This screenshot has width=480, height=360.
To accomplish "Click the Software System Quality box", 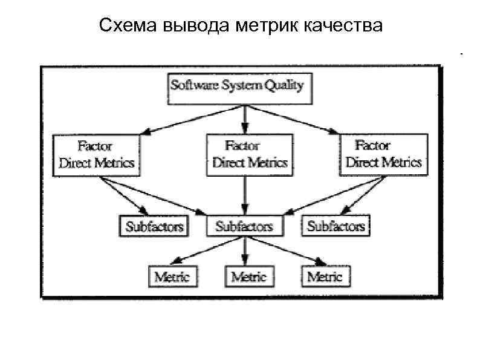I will click(237, 87).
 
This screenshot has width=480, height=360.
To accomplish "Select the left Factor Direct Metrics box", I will click(96, 155).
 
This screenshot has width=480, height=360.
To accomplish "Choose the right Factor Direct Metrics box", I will click(383, 155).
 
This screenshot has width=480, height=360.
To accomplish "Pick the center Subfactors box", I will click(244, 226).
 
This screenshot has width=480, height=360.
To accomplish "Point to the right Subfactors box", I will click(336, 226).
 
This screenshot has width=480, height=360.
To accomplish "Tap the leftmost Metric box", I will click(172, 277).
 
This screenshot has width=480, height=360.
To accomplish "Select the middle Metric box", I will click(248, 277).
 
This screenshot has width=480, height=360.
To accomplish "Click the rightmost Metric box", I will click(325, 277).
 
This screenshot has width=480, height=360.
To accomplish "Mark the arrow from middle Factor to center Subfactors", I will click(244, 197).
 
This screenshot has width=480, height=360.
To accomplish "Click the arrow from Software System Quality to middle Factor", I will click(244, 119).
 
